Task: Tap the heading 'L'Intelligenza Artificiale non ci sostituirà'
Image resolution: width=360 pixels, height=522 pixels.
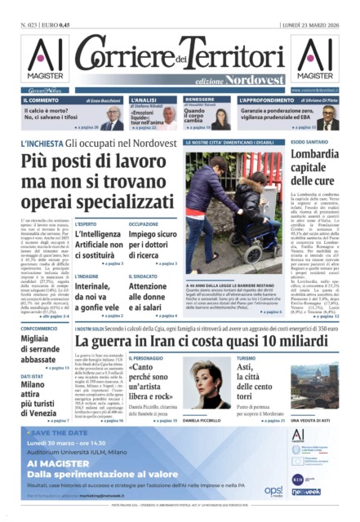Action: pos(98,242)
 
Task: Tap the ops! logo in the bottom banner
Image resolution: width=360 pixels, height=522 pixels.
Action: pos(273,492)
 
